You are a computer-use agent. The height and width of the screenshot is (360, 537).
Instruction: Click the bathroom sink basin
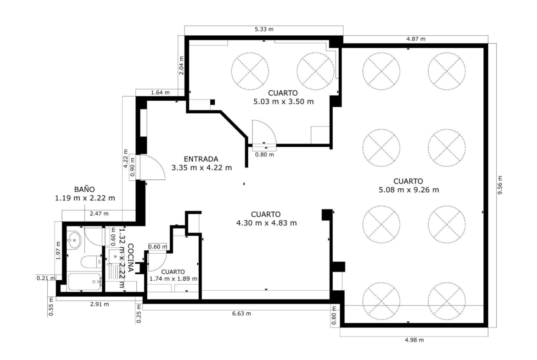point(73,240)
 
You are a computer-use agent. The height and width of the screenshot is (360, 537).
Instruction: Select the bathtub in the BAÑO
point(84,282)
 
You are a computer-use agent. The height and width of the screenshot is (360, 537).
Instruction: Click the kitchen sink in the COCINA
point(114,256)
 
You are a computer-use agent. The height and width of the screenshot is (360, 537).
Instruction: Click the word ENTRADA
point(201,159)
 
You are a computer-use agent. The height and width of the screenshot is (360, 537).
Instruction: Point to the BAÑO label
point(84,189)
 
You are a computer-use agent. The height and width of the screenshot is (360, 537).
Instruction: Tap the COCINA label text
point(130,258)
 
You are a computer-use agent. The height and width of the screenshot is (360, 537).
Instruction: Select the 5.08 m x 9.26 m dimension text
point(408,190)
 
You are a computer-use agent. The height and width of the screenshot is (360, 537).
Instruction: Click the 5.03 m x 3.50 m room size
point(284,102)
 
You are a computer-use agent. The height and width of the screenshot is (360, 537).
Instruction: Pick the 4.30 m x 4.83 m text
point(267,223)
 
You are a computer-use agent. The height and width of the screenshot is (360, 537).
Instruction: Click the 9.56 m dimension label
point(500,185)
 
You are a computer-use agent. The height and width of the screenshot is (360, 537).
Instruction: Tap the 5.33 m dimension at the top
point(264,29)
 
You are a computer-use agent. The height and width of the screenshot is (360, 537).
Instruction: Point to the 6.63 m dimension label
point(241,314)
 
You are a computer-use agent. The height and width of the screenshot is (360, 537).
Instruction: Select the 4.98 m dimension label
point(414,340)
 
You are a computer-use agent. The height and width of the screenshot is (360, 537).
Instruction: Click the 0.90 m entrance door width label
point(133,167)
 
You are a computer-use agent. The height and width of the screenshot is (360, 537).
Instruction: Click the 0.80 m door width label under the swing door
point(264,155)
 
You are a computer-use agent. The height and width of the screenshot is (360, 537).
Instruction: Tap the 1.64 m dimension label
point(160,92)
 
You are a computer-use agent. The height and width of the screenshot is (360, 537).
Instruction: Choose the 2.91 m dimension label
point(100,304)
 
